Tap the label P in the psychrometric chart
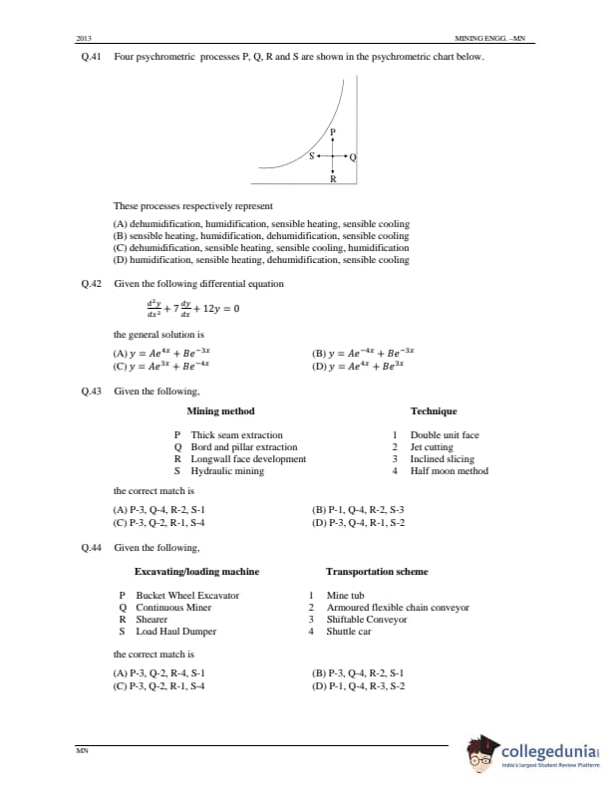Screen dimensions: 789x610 [x=333, y=132]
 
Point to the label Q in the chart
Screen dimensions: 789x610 [x=353, y=157]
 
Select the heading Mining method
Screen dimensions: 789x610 [x=220, y=410]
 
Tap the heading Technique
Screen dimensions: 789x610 [x=434, y=410]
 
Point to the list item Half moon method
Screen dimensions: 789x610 [x=449, y=471]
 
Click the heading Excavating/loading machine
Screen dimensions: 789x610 [x=196, y=571]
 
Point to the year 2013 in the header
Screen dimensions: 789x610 [x=84, y=38]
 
